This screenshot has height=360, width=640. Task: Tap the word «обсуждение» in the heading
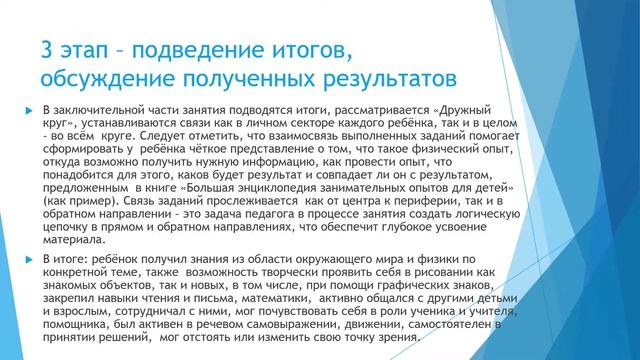[108, 77]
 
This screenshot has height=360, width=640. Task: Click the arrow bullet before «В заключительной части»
[30, 108]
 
